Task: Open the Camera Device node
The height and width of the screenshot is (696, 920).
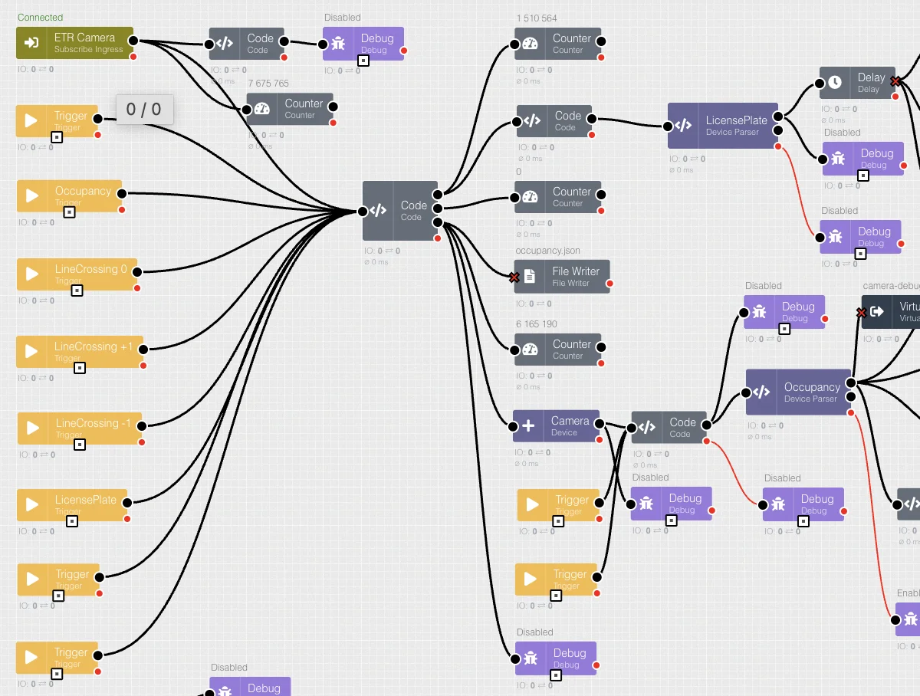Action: click(x=557, y=426)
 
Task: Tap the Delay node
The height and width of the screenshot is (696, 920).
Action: click(x=857, y=82)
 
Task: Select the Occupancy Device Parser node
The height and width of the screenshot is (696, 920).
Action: click(x=798, y=392)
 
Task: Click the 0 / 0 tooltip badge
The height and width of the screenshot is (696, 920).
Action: click(x=144, y=110)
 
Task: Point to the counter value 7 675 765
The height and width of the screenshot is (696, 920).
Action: click(x=268, y=84)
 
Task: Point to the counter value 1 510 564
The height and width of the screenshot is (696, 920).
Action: click(x=537, y=18)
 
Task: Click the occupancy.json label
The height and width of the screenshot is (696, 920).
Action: click(x=547, y=251)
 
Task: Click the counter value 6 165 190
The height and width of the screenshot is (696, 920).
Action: click(x=537, y=324)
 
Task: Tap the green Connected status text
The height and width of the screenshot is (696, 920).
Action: click(x=40, y=18)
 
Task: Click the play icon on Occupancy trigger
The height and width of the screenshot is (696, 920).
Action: click(x=31, y=195)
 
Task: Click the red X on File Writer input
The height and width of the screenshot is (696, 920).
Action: click(x=514, y=277)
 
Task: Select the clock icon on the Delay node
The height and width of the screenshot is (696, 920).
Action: click(x=835, y=81)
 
